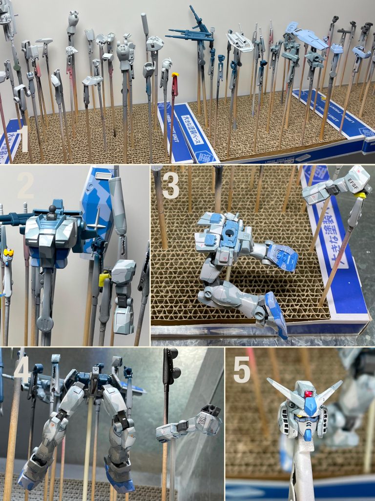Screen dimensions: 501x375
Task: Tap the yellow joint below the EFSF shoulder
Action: pyautogui.click(x=360, y=197)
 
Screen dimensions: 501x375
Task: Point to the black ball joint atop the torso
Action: pyautogui.click(x=52, y=210)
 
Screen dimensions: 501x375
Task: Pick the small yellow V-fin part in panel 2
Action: pyautogui.click(x=8, y=253)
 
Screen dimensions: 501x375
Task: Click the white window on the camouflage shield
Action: pyautogui.click(x=102, y=174)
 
